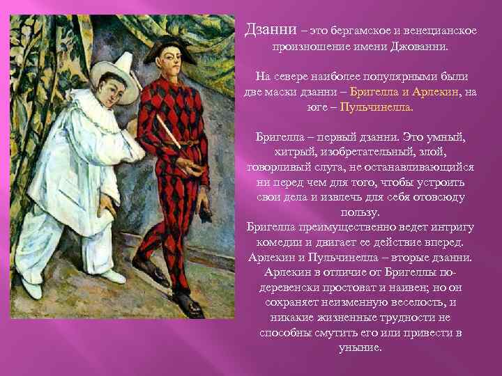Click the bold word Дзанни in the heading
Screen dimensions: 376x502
click(x=271, y=31)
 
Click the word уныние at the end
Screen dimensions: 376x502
click(x=360, y=347)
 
